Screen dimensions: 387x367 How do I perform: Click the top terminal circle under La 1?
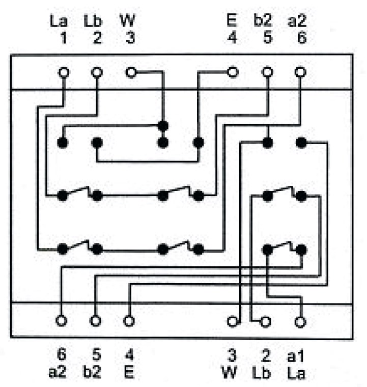click(63, 72)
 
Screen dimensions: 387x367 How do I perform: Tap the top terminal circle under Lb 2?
click(97, 72)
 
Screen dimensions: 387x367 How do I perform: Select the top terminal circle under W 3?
click(131, 72)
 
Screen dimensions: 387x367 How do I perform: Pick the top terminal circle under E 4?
click(233, 72)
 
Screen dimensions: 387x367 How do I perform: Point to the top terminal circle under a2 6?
click(301, 72)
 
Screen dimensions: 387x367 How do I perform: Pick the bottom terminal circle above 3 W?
click(233, 321)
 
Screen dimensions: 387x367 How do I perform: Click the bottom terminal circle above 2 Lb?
click(265, 321)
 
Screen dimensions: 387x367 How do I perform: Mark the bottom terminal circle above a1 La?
click(301, 321)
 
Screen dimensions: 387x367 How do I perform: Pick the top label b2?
click(263, 21)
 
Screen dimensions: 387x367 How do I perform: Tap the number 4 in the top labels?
click(232, 39)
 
